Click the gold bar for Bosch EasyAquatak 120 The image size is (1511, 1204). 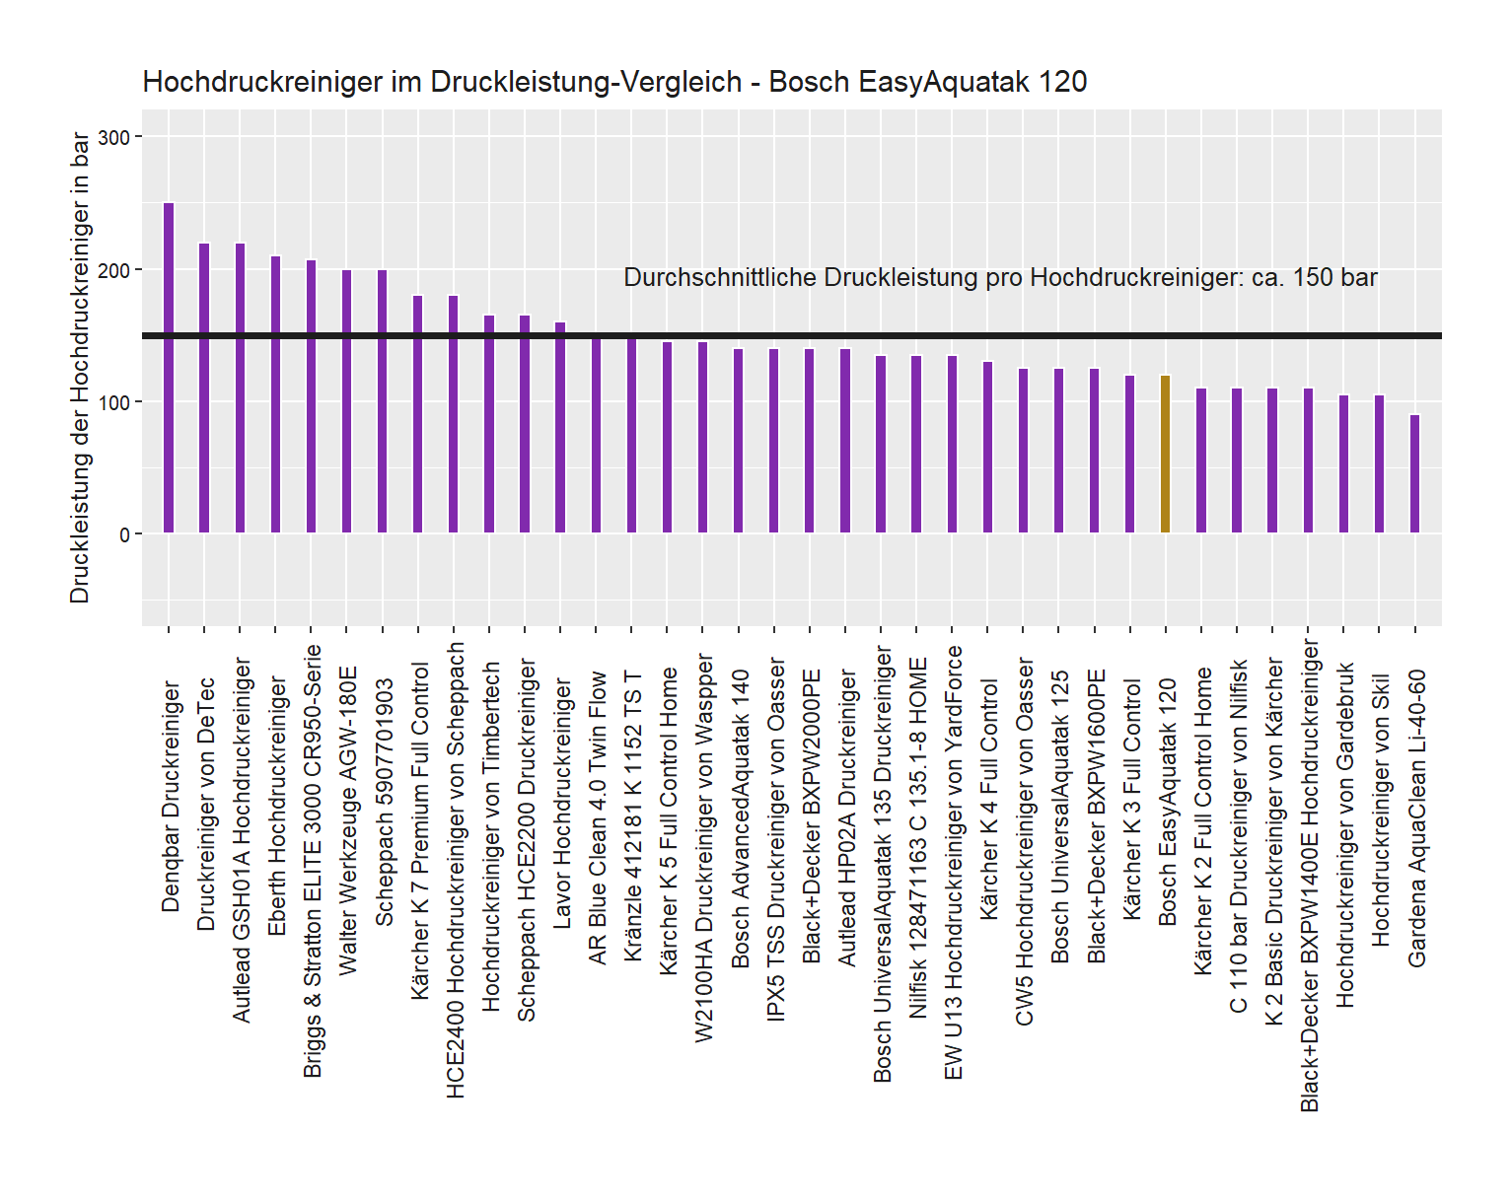(x=1165, y=455)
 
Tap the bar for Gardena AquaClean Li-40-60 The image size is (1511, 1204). (x=1414, y=474)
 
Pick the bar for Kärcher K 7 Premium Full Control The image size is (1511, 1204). (x=418, y=414)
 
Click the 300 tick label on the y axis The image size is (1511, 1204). (x=115, y=138)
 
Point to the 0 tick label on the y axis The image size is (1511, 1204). (x=125, y=535)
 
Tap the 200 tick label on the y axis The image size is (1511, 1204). (x=115, y=270)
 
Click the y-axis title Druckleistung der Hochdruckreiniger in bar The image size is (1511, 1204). (x=80, y=368)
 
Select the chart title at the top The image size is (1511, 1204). (x=614, y=82)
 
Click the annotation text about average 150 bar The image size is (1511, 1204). (x=1000, y=278)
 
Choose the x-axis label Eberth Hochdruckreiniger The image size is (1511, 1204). (x=277, y=806)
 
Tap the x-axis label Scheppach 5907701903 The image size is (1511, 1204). (x=384, y=802)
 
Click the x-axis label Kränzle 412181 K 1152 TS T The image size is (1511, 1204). (x=632, y=816)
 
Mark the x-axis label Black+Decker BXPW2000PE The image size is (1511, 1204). (x=811, y=816)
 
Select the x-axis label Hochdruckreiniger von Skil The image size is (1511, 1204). (x=1380, y=810)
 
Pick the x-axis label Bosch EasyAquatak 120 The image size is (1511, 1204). (x=1167, y=802)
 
